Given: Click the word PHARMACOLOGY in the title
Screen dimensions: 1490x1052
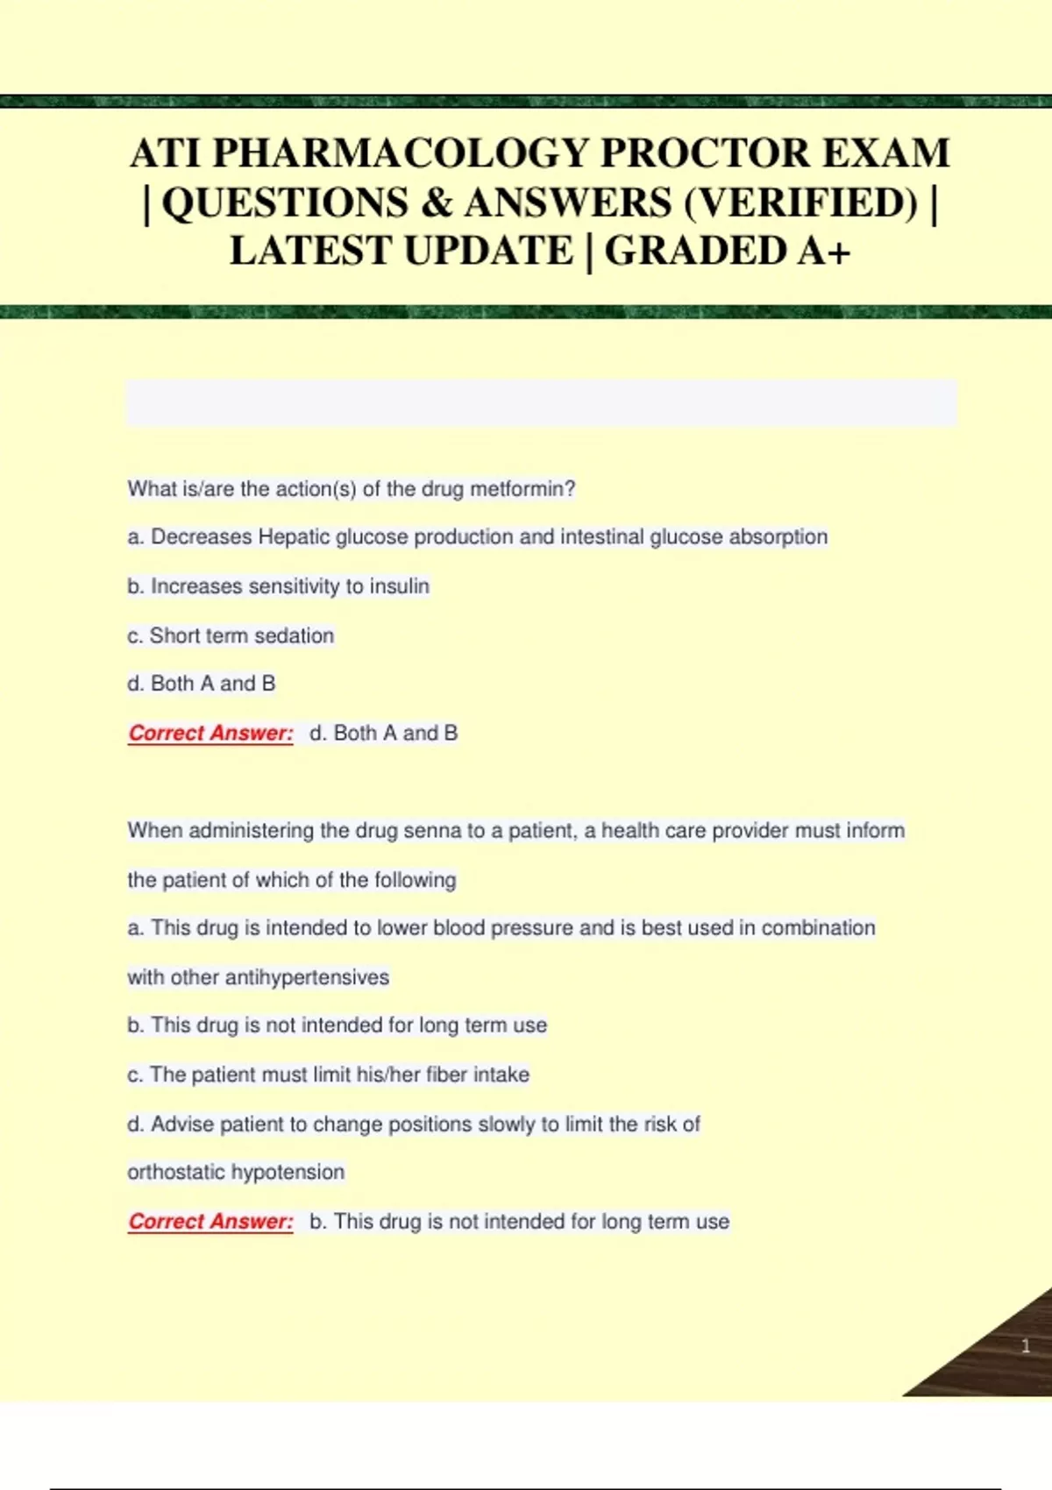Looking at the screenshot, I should click(401, 153).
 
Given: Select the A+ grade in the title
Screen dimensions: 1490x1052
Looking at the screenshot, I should click(823, 251).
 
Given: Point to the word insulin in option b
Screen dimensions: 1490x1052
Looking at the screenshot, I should click(399, 586).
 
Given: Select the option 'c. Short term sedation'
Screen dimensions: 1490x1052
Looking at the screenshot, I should click(231, 635).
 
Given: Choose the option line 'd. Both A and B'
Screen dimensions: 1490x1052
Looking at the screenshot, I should click(202, 684).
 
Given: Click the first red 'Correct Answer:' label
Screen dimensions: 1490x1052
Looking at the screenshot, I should click(210, 733).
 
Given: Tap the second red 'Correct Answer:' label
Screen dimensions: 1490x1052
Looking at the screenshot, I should click(210, 1221).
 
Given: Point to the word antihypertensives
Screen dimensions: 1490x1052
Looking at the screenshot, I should click(307, 977).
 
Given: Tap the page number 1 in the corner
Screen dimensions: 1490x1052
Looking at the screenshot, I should click(1026, 1346).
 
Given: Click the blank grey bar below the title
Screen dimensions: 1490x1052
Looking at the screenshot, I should click(542, 403).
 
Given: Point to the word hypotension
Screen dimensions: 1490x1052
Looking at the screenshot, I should click(288, 1172).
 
